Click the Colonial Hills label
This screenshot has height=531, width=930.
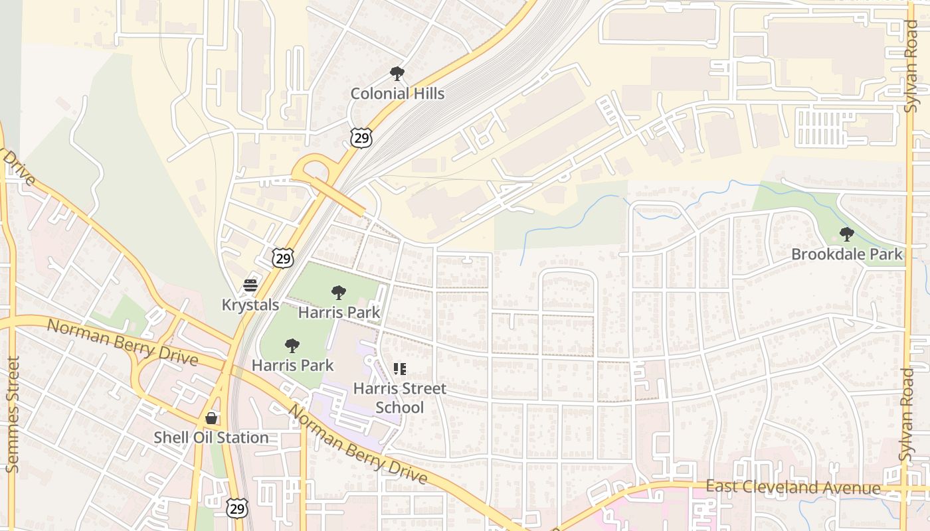[397, 94]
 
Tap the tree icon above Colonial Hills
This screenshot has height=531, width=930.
[397, 73]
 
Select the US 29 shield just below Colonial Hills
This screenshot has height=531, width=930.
[361, 138]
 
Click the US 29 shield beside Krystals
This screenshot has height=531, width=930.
[283, 258]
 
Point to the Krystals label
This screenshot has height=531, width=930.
[250, 305]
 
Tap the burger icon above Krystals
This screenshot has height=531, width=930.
[250, 285]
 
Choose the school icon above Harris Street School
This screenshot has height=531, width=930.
[399, 369]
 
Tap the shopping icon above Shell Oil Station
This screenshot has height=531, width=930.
[211, 417]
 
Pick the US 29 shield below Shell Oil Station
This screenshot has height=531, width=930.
[237, 508]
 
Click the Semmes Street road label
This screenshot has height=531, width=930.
[13, 414]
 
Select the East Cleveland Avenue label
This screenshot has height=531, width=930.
[793, 488]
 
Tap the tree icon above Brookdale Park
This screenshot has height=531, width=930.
[846, 234]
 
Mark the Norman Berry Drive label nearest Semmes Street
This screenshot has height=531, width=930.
[122, 342]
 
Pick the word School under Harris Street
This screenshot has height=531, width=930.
[400, 407]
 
